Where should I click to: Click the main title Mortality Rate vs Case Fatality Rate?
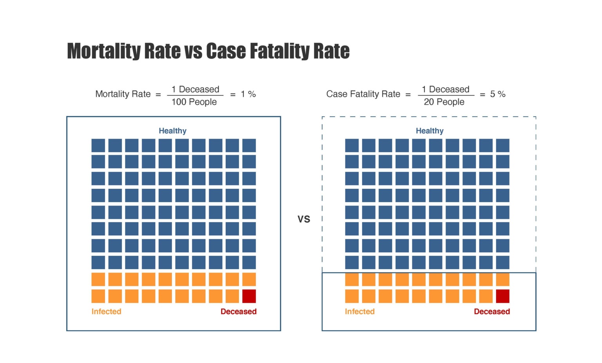[x=208, y=51]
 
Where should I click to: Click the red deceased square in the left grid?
[x=249, y=296]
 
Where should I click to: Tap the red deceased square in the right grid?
[x=502, y=296]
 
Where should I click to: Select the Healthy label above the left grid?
[x=172, y=131]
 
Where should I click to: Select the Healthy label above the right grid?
[x=430, y=131]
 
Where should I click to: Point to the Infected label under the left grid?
[x=106, y=311]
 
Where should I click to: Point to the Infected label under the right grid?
[x=359, y=311]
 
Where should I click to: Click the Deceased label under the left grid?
[x=238, y=311]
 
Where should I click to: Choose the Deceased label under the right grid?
[x=492, y=311]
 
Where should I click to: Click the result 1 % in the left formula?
[x=248, y=94]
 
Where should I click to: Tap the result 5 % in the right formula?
[x=498, y=94]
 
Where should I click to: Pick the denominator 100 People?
[x=194, y=102]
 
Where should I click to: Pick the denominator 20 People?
[x=444, y=102]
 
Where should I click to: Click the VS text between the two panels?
[x=304, y=219]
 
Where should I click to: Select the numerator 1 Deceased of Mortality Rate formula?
[x=195, y=89]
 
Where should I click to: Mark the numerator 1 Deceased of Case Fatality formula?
[x=446, y=89]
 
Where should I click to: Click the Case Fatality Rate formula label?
[x=363, y=94]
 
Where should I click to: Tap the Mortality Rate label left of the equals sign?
[x=123, y=94]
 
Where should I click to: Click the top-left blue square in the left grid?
[x=98, y=145]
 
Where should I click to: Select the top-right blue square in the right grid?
[x=502, y=145]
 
